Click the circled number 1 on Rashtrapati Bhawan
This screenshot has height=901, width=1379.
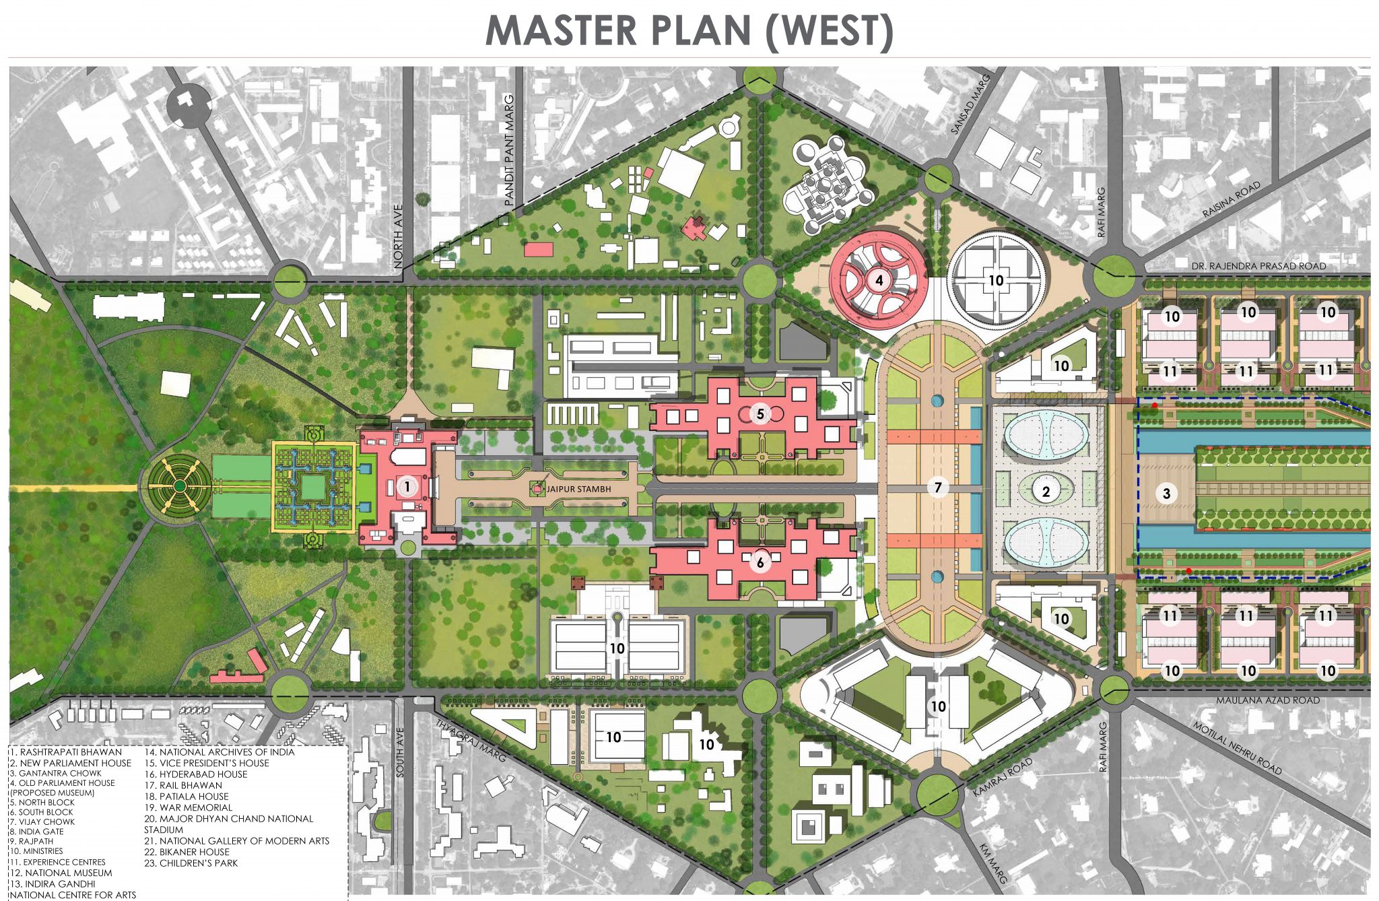click(x=407, y=486)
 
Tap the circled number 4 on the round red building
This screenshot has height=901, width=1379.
click(x=879, y=280)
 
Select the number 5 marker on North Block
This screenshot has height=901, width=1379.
click(x=760, y=413)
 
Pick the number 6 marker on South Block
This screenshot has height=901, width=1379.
click(x=760, y=562)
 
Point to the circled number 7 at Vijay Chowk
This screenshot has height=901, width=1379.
click(x=938, y=487)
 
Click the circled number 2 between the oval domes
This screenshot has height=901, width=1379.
click(x=1046, y=492)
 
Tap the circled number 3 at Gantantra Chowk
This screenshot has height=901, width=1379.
click(x=1167, y=494)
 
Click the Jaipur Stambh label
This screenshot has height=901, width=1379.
click(x=578, y=489)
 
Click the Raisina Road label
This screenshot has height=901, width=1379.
click(x=1232, y=200)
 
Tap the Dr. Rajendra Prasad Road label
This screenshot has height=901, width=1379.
click(x=1258, y=266)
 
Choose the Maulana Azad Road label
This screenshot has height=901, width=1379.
click(x=1267, y=700)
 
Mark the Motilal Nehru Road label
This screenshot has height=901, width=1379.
click(x=1237, y=748)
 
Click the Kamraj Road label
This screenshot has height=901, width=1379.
click(x=1002, y=778)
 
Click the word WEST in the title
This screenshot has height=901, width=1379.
click(x=830, y=31)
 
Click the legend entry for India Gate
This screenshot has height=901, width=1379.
click(x=38, y=832)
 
